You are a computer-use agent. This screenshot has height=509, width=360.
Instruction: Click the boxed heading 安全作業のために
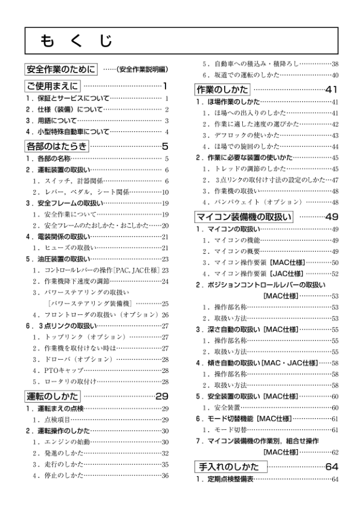pyautogui.click(x=60, y=69)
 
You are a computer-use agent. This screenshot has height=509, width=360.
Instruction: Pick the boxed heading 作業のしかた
pyautogui.click(x=220, y=90)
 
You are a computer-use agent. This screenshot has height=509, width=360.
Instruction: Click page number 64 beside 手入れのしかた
pyautogui.click(x=332, y=467)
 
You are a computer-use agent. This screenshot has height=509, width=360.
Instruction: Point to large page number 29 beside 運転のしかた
pyautogui.click(x=162, y=397)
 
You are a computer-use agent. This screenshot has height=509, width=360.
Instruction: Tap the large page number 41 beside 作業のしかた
pyautogui.click(x=332, y=90)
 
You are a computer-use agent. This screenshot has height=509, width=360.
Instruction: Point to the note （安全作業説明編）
pyautogui.click(x=142, y=69)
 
